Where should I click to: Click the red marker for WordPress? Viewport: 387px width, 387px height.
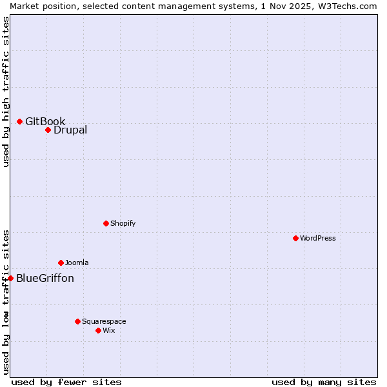click(x=295, y=238)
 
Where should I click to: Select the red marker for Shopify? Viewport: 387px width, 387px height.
click(x=106, y=223)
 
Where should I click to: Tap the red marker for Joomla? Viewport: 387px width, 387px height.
click(x=61, y=263)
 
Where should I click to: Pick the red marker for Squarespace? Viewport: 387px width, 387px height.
click(x=77, y=321)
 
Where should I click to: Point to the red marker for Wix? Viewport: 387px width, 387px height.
click(x=98, y=330)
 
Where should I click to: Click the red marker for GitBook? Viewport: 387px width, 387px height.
click(x=19, y=121)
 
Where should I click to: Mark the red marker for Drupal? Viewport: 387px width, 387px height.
click(x=48, y=130)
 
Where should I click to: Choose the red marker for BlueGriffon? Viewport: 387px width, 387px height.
click(x=10, y=278)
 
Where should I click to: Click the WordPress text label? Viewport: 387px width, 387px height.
click(x=318, y=238)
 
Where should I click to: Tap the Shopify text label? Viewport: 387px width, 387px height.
click(x=123, y=223)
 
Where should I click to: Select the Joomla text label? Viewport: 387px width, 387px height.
click(x=77, y=263)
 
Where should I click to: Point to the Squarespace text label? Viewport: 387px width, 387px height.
click(x=104, y=321)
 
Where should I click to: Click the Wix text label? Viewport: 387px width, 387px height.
click(x=109, y=330)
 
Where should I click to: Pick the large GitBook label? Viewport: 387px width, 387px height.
click(x=45, y=121)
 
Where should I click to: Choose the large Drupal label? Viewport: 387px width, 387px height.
click(x=70, y=130)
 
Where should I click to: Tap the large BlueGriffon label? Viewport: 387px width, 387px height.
click(x=45, y=278)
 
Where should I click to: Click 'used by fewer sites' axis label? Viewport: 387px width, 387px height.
click(x=66, y=382)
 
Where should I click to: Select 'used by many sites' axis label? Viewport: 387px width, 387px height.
click(x=324, y=382)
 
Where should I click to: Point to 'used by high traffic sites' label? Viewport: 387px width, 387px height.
click(x=6, y=92)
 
